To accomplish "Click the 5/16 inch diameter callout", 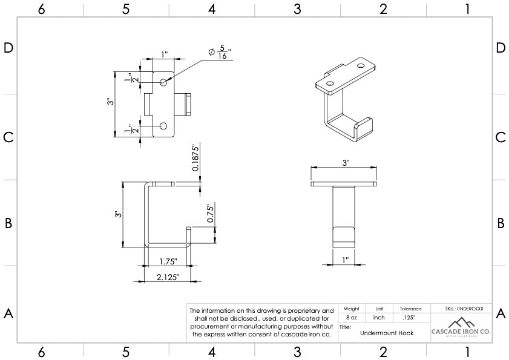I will point(220,53).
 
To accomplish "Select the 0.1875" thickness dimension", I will point(195,158).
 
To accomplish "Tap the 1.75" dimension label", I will point(168,261).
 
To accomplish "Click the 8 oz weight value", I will point(351,317).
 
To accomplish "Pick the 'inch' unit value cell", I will point(379,317).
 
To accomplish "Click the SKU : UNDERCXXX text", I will point(461,309).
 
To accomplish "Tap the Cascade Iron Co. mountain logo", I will point(461,322).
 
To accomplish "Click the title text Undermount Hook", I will point(387,333).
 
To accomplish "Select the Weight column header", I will point(351,309).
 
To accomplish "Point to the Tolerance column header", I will point(410,309).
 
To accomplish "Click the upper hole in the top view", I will point(163,82).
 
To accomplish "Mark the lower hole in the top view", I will point(163,126).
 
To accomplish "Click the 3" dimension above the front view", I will point(346,163).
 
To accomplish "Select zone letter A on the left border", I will point(8,313).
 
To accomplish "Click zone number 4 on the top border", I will point(212,8).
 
